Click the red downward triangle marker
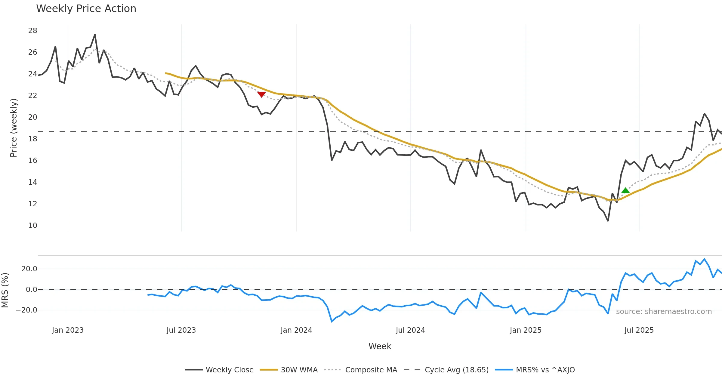coord(261,94)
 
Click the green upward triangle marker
coord(625,190)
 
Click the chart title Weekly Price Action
coord(86,9)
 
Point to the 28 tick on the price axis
coord(32,31)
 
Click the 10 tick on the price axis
coord(32,226)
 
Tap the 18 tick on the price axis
coord(32,139)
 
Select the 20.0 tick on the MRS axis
coord(29,269)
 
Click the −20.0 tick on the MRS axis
coord(27,310)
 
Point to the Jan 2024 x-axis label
coord(296,330)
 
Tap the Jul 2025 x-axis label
coord(639,330)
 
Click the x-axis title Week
coord(380,347)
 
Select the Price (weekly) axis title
coord(14,128)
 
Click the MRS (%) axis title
coord(5,290)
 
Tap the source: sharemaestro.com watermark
coord(664,312)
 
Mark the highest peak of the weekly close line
coord(95,35)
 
